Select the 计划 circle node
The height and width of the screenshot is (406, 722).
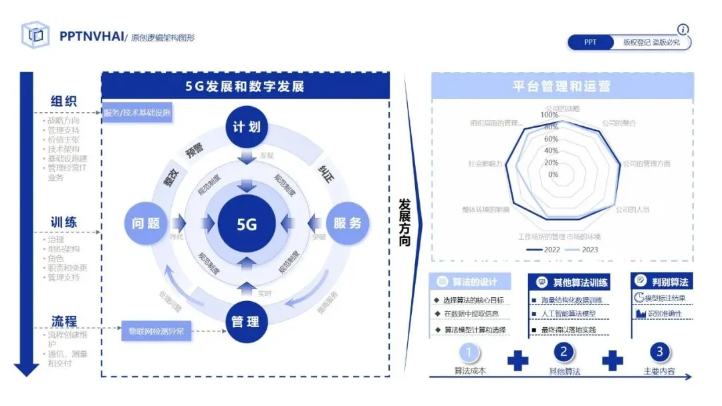click(247, 127)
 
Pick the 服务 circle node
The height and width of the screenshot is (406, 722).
click(347, 224)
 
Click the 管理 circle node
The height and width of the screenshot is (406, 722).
click(246, 322)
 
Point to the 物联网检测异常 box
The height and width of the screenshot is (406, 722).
click(156, 331)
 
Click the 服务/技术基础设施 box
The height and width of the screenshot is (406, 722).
click(137, 113)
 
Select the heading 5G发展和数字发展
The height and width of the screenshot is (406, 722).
click(245, 87)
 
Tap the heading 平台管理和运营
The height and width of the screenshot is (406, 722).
click(562, 87)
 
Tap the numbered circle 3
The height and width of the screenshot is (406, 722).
click(659, 352)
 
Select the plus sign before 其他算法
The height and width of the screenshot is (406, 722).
click(517, 361)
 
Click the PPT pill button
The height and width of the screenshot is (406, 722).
click(590, 42)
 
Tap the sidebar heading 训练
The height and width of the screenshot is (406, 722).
click(64, 222)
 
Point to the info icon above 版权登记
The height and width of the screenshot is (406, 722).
click(683, 29)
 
